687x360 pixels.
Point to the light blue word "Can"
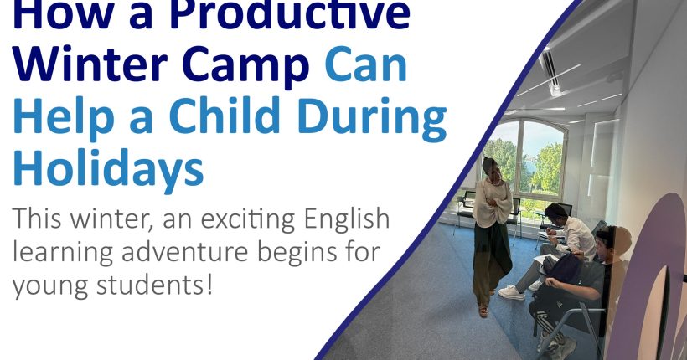(x=366, y=64)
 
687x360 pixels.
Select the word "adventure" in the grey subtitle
(x=185, y=252)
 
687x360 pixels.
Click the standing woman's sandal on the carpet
(x=483, y=311)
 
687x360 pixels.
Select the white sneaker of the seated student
(x=511, y=292)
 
